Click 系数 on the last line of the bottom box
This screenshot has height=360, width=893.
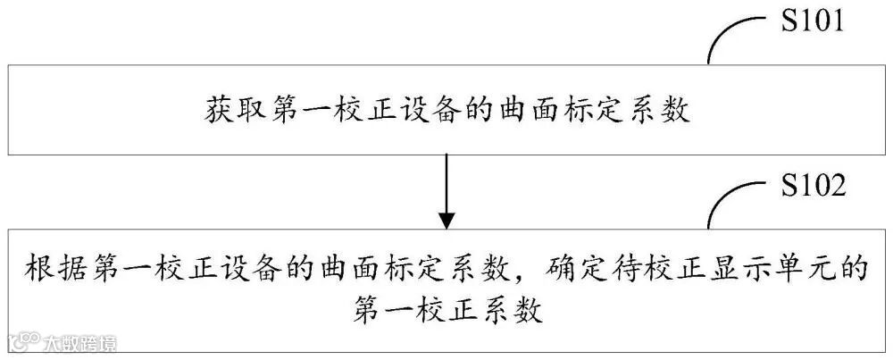[513, 312]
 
